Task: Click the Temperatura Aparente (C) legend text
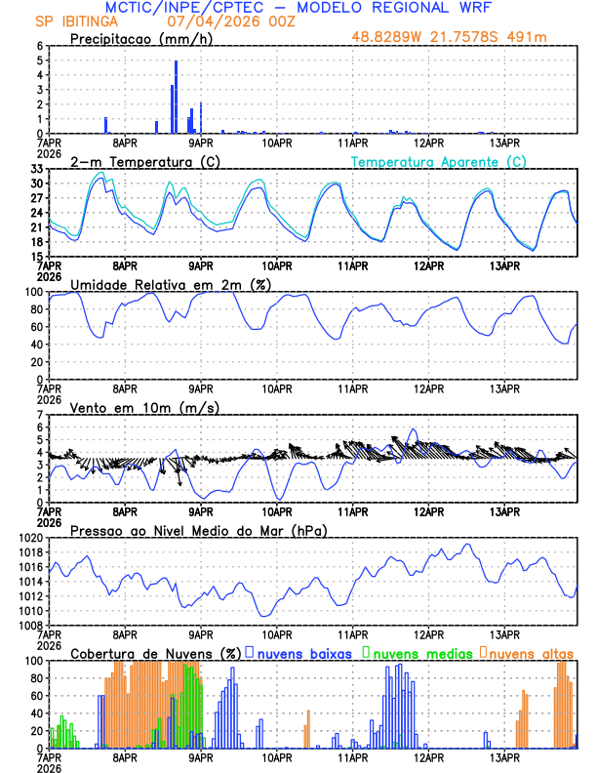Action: pyautogui.click(x=439, y=161)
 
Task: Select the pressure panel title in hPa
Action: pyautogui.click(x=198, y=530)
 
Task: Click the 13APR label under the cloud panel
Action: pyautogui.click(x=503, y=756)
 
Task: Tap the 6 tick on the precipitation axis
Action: pyautogui.click(x=39, y=46)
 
